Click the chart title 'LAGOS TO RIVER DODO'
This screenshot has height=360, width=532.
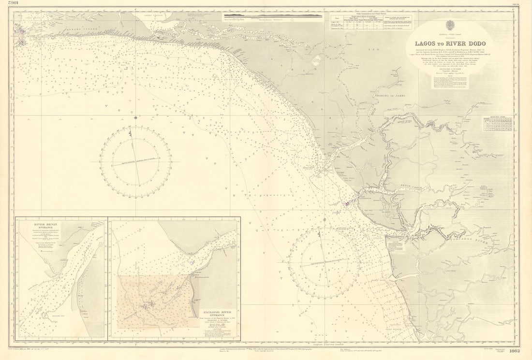(450, 44)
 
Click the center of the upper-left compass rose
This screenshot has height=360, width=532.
(135, 162)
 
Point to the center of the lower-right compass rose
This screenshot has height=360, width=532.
(325, 263)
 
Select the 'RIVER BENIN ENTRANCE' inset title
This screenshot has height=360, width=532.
(46, 227)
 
